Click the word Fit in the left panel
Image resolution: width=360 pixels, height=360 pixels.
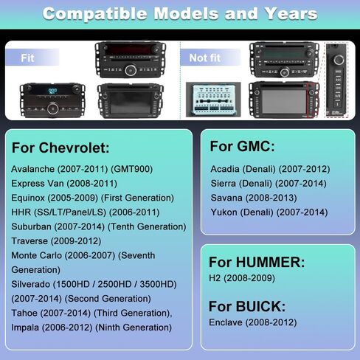tap(27, 57)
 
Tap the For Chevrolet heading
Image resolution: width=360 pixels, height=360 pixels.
tap(60, 148)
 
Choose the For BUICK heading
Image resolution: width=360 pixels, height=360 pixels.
tap(247, 306)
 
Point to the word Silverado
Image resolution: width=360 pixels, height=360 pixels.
tap(32, 284)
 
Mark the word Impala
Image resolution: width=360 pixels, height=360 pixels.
tap(27, 327)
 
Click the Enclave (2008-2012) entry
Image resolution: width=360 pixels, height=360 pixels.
tap(253, 322)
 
